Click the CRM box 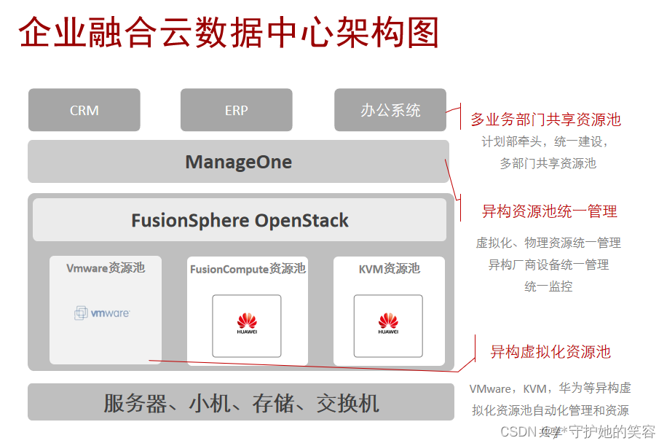pos(84,111)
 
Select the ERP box pos(236,111)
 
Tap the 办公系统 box pos(390,111)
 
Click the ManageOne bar pos(238,162)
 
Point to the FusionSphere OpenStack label pos(240,220)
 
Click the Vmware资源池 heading pos(106,268)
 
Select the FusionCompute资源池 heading pos(248,269)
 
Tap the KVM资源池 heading pos(389,269)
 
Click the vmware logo pos(103,313)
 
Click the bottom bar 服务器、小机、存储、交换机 pos(241,403)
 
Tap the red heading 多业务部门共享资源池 pos(545,120)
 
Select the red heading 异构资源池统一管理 pos(549,211)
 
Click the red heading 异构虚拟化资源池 pos(550,352)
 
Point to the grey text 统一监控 pos(548,286)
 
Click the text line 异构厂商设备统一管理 pos(548,265)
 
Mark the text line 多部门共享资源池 pos(548,163)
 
